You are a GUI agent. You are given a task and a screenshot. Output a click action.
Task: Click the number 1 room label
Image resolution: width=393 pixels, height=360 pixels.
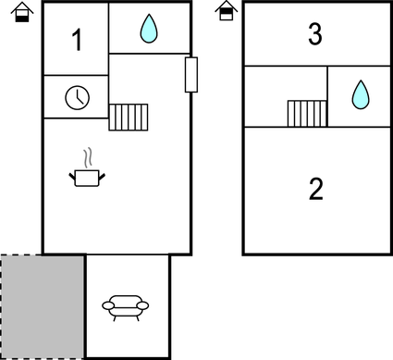pos(77,40)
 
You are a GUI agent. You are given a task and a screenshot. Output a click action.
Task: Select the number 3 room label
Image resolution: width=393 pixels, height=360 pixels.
pos(315,35)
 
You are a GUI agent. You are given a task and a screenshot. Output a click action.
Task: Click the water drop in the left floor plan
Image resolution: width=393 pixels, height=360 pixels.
pos(148,30)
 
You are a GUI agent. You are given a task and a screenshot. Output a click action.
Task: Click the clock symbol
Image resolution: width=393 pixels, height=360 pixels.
pos(77,96)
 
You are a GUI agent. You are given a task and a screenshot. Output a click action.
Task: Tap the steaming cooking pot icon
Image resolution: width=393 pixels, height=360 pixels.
pos(88,176)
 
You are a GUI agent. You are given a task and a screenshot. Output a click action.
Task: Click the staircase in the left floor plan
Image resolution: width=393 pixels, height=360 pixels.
pos(129,118)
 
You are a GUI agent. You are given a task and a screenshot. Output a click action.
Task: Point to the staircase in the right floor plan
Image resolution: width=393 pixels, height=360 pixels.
pos(306,113)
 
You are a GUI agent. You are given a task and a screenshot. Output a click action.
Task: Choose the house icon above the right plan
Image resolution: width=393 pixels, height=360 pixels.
pos(225,11)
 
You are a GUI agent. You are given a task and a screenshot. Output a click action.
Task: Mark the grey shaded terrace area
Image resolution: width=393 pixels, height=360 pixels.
pos(43,305)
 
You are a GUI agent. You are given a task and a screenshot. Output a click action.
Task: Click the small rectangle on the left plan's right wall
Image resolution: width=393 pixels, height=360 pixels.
pos(191,75)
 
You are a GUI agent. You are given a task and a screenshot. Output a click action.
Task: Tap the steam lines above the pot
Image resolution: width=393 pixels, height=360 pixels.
pos(88,156)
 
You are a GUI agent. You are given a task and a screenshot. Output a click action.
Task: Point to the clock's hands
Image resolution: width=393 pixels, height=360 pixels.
pos(79,95)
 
